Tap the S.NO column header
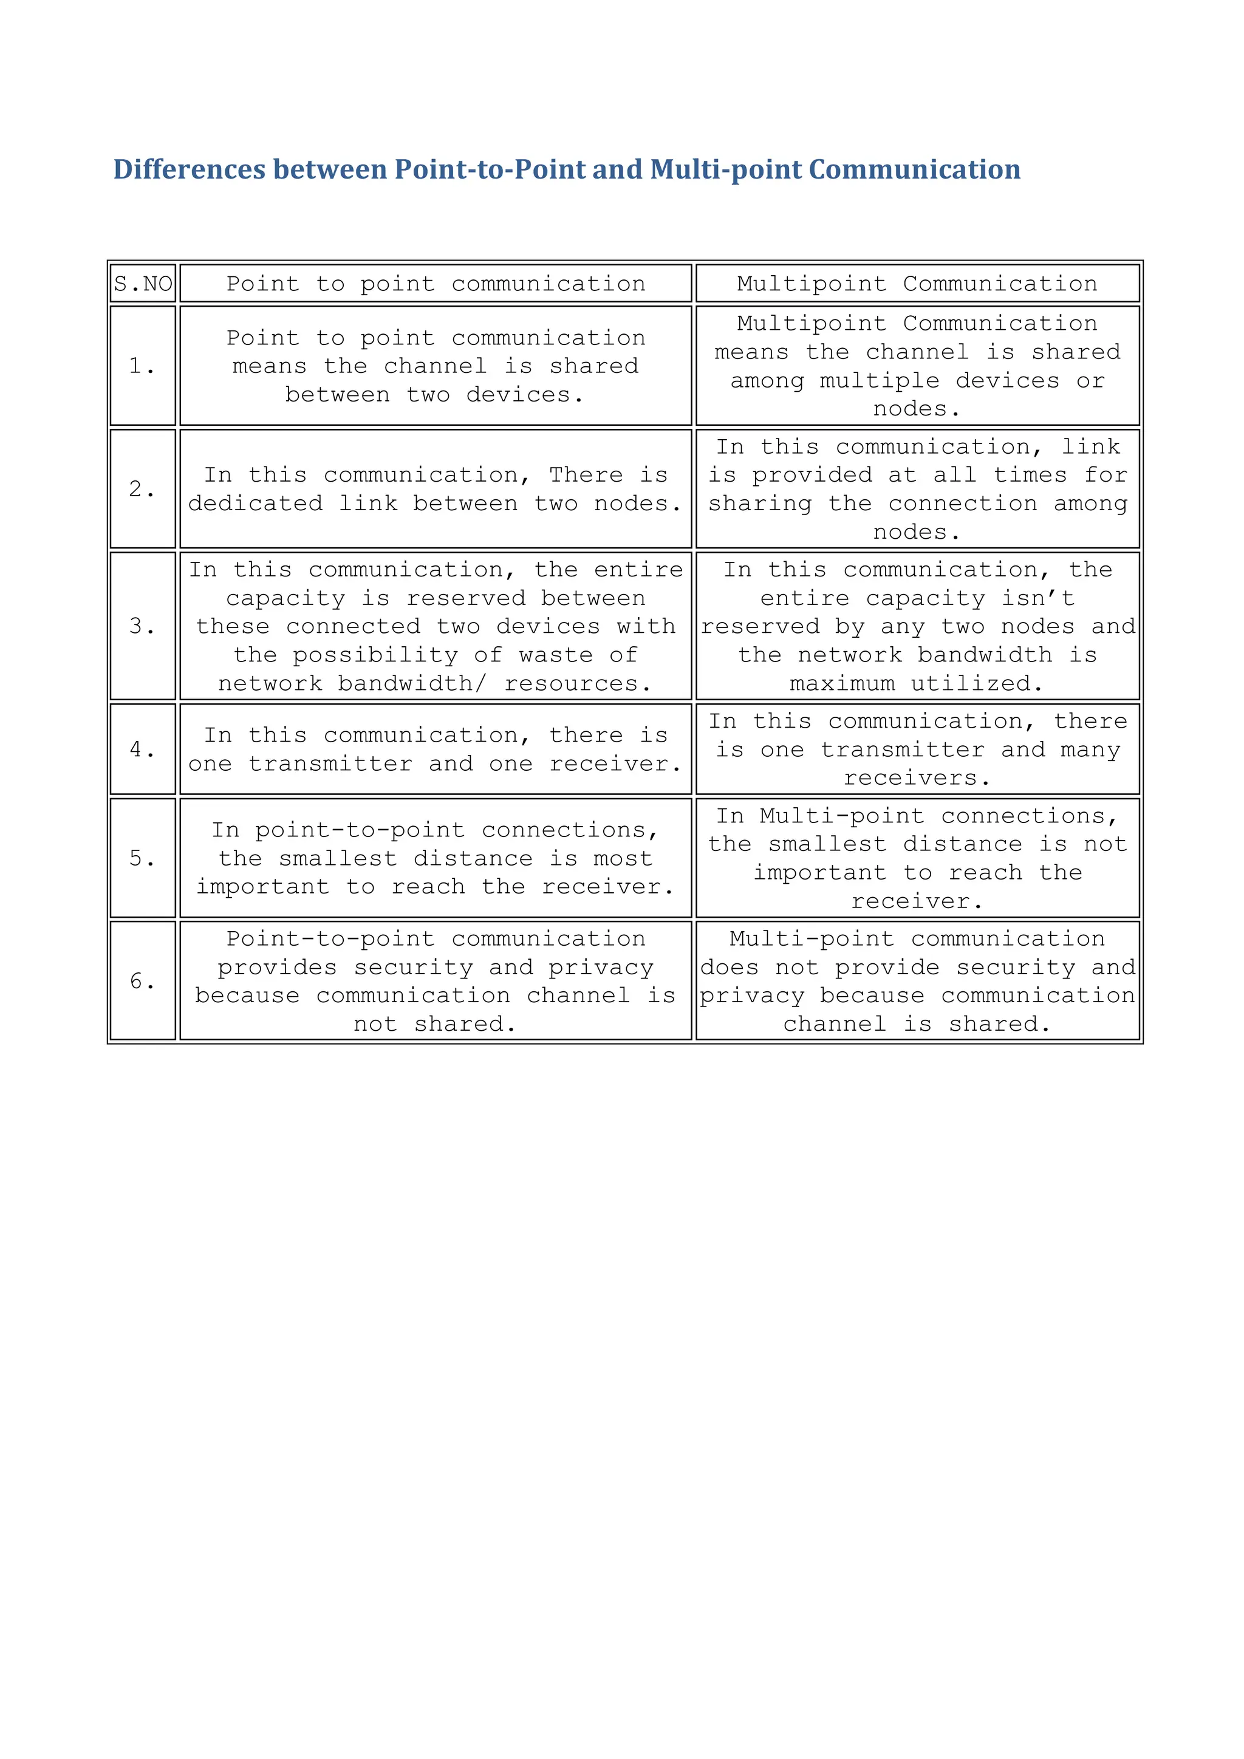143,284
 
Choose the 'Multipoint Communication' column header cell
917,284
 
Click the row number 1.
142,366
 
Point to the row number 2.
142,489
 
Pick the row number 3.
142,627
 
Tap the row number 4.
142,750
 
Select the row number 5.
142,858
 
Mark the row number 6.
142,982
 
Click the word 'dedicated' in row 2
255,504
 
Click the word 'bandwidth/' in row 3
412,683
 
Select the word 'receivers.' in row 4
917,779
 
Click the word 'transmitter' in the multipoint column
903,750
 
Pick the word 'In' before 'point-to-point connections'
225,830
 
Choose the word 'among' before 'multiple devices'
767,381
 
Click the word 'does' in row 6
730,968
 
